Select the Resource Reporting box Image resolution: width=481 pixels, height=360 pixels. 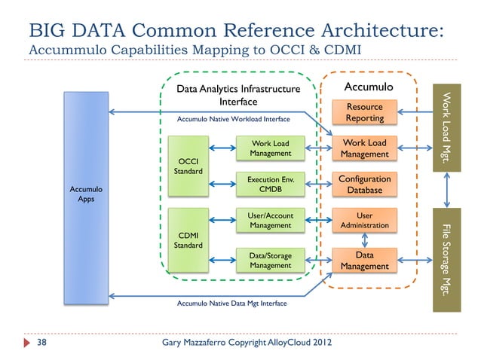tap(364, 113)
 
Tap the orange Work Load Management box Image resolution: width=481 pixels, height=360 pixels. tap(364, 148)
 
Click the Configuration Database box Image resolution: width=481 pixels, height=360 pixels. tap(364, 185)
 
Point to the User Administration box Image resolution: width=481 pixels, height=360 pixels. tap(364, 221)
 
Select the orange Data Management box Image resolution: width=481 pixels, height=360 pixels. tap(364, 261)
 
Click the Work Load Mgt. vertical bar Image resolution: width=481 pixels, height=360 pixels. tap(447, 128)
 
